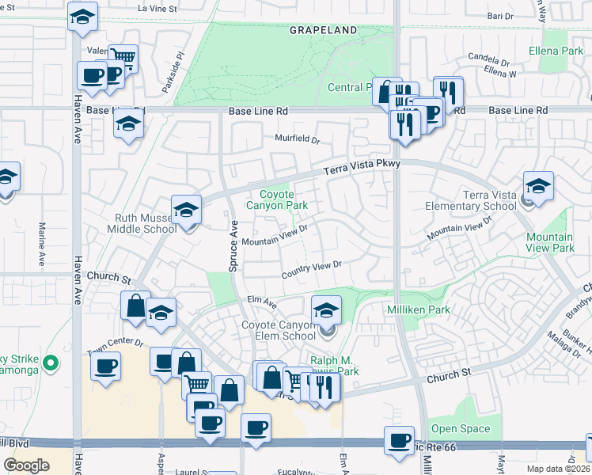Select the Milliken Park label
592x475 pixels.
pyautogui.click(x=418, y=308)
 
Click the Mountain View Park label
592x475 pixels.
pyautogui.click(x=550, y=242)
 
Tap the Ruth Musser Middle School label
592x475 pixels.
pyautogui.click(x=142, y=222)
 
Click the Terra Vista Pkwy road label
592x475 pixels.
pyautogui.click(x=363, y=167)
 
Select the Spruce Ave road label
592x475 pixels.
pyautogui.click(x=233, y=247)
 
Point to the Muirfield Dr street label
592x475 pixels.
pyautogui.click(x=297, y=140)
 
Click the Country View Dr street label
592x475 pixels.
pyautogui.click(x=312, y=271)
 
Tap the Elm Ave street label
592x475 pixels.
pyautogui.click(x=261, y=301)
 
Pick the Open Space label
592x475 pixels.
pyautogui.click(x=461, y=429)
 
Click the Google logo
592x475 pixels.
pyautogui.click(x=26, y=465)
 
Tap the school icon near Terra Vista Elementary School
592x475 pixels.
pyautogui.click(x=538, y=186)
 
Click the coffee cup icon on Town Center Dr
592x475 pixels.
pyautogui.click(x=105, y=367)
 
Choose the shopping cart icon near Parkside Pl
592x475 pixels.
pyautogui.click(x=123, y=57)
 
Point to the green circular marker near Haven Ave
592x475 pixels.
pyautogui.click(x=51, y=363)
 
